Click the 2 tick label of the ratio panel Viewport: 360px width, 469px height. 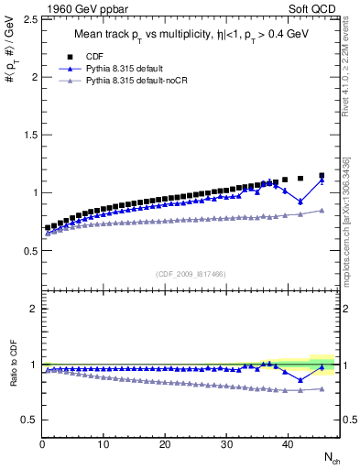(x=32, y=309)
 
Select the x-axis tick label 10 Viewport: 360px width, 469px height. (x=104, y=445)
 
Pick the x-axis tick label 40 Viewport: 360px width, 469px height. (x=288, y=445)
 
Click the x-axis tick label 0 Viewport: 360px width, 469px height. (x=42, y=445)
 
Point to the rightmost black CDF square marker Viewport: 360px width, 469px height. (x=322, y=175)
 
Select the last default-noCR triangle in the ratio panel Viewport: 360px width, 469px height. (x=322, y=389)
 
